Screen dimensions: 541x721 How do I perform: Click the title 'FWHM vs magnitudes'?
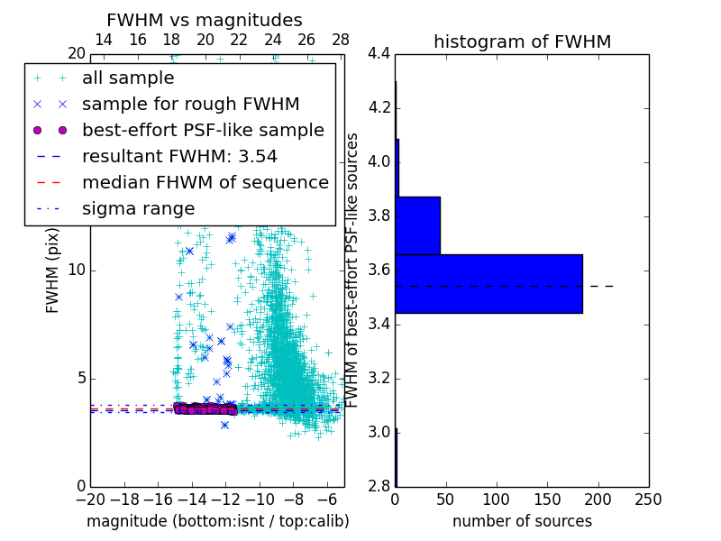(204, 20)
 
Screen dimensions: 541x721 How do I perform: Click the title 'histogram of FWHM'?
(522, 41)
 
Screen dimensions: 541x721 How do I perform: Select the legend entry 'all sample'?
(128, 78)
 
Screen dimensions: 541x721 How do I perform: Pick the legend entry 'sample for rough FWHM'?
(190, 105)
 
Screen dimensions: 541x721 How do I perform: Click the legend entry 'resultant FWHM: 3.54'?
(179, 156)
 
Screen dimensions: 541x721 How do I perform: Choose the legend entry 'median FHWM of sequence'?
(205, 182)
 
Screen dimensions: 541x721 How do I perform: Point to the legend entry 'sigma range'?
(138, 208)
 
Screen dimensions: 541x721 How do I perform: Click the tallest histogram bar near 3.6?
(488, 284)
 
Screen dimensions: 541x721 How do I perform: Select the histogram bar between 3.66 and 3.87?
(417, 225)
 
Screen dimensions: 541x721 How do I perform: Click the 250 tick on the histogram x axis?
(648, 500)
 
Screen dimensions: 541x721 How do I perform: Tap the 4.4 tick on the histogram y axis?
(379, 54)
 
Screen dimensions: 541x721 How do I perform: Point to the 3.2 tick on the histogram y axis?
(379, 378)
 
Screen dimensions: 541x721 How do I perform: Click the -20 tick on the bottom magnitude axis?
(90, 500)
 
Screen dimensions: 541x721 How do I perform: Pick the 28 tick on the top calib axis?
(341, 40)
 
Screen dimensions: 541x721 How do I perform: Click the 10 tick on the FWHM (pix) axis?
(76, 270)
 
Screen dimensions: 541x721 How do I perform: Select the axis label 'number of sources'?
(522, 521)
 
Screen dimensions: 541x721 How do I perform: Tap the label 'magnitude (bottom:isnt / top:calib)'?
(217, 521)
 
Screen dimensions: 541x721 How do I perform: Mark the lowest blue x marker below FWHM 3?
(224, 425)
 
